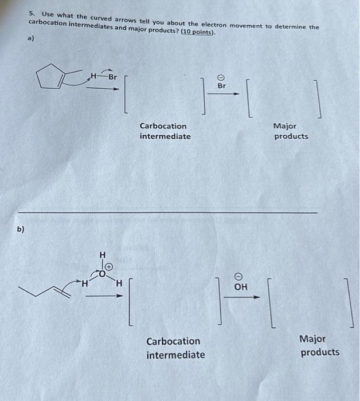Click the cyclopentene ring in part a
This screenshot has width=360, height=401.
coord(50,77)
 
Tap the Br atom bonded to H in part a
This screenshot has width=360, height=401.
coord(112,76)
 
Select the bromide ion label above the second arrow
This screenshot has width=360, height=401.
coord(222,86)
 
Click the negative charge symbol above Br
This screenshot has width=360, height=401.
coord(222,76)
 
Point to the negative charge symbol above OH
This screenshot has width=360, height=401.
coord(241,276)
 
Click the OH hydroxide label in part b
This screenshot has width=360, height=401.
coord(241,286)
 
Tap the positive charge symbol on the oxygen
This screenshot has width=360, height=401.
coord(109,268)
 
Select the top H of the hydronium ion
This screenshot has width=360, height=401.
coord(103,254)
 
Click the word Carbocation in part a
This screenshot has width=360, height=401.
coord(163,126)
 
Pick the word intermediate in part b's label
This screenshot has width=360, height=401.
coord(175,355)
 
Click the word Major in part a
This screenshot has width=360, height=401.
coord(285,126)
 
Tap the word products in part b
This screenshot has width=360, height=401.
coord(320,352)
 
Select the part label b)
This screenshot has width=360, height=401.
coord(21,229)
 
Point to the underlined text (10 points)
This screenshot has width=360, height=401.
coord(198,32)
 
